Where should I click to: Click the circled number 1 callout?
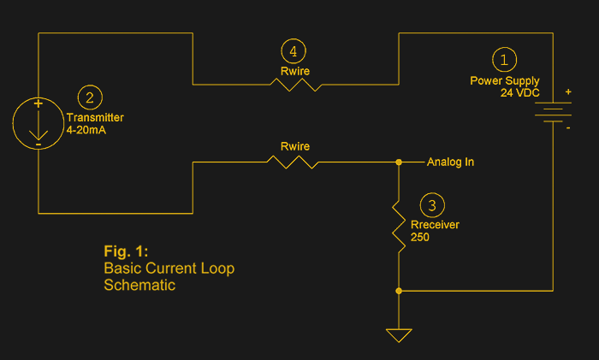(x=504, y=59)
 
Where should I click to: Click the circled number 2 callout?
(x=90, y=97)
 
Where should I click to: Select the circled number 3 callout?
(x=433, y=205)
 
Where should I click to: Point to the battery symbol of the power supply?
(x=553, y=113)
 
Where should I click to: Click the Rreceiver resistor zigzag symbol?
(x=399, y=226)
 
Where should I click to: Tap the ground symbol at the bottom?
(x=399, y=334)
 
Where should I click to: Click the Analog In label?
(x=450, y=162)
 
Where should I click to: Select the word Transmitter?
(x=95, y=118)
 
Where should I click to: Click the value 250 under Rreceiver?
(x=421, y=237)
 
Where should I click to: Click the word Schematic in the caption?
(x=139, y=285)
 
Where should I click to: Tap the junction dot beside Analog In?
(x=399, y=162)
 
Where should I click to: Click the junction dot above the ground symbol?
(x=399, y=291)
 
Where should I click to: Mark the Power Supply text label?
(x=505, y=80)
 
